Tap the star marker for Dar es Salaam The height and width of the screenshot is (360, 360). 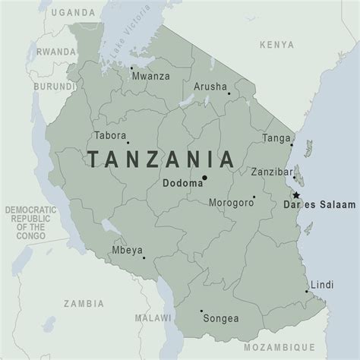[x=295, y=195]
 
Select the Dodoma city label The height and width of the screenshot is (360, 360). [x=181, y=182]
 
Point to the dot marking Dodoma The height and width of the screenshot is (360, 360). [x=204, y=179]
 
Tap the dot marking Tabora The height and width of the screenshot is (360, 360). [x=128, y=142]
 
